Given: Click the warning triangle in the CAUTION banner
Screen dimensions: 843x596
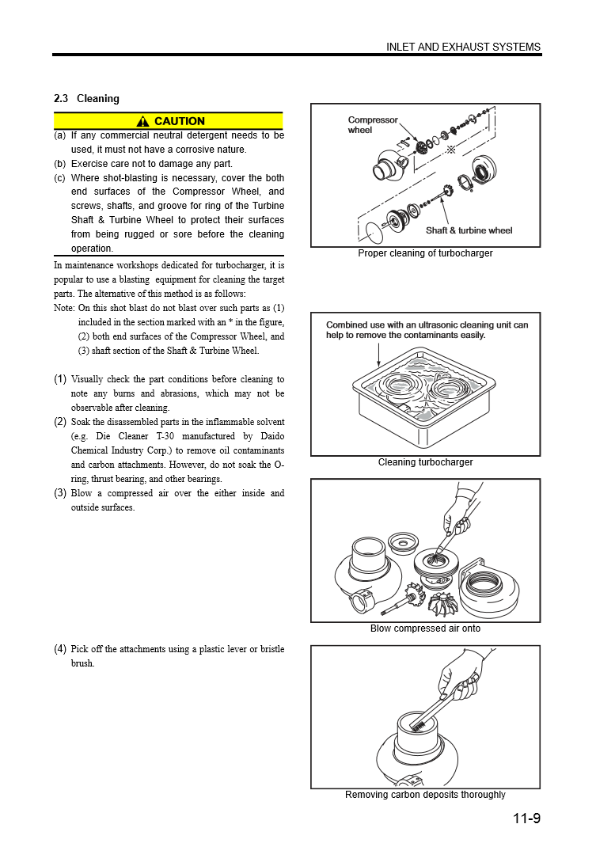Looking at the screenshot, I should (x=142, y=121).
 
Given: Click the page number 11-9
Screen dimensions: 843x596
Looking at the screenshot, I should (x=526, y=818).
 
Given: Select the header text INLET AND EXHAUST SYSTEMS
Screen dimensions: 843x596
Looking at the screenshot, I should (x=463, y=47).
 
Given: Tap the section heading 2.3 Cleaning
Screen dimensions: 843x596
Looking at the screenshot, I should (x=86, y=99).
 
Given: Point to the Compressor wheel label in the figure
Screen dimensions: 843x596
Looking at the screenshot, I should (x=372, y=125).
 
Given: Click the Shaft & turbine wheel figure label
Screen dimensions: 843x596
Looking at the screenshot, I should (x=469, y=230).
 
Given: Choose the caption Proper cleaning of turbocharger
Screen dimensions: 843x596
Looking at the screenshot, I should (x=425, y=253).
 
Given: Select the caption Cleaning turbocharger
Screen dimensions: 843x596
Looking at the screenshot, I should (x=425, y=462).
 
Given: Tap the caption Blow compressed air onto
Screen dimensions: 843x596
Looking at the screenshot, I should (x=425, y=628).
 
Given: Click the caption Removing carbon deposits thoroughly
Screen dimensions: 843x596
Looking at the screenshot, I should (x=425, y=795).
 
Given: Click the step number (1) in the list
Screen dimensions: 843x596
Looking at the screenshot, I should (x=60, y=379).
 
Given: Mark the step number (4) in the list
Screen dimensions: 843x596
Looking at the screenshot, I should (x=60, y=649).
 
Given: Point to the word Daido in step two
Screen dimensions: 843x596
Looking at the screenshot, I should (x=270, y=436).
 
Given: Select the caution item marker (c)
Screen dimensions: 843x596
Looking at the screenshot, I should (x=59, y=178).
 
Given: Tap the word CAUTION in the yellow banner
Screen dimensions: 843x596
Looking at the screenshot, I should (x=180, y=121).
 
